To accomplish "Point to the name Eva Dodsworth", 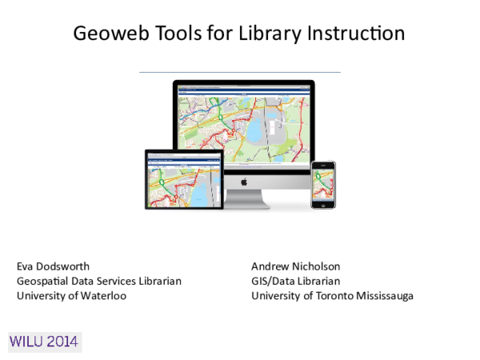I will click(x=53, y=266).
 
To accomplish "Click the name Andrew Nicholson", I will click(x=296, y=266).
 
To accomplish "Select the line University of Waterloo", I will click(x=72, y=295).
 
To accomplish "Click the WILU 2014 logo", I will click(x=44, y=342).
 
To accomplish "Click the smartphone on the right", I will click(x=323, y=185).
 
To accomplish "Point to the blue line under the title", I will click(x=240, y=72).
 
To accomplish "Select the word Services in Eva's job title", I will click(x=117, y=281).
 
